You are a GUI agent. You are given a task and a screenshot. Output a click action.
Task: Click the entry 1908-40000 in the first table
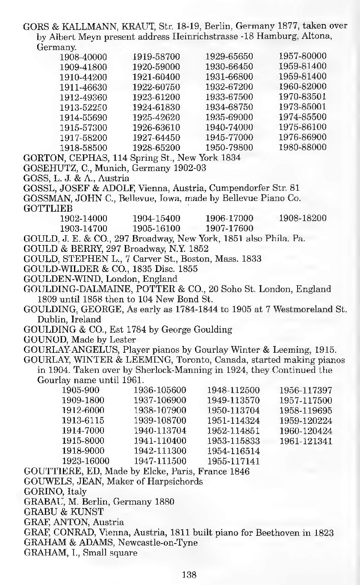point(83,56)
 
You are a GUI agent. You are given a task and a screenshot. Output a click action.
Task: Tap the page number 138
point(189,575)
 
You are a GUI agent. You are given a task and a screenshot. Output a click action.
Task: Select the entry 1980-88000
point(302,148)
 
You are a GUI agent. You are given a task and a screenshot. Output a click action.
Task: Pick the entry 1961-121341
point(305,441)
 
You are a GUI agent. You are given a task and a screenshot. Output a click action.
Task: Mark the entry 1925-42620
point(156,117)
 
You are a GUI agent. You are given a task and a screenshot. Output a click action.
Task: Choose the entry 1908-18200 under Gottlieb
point(302,218)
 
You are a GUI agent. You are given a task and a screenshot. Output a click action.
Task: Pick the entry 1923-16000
point(86,461)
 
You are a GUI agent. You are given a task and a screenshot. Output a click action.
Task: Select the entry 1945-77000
point(229,137)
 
